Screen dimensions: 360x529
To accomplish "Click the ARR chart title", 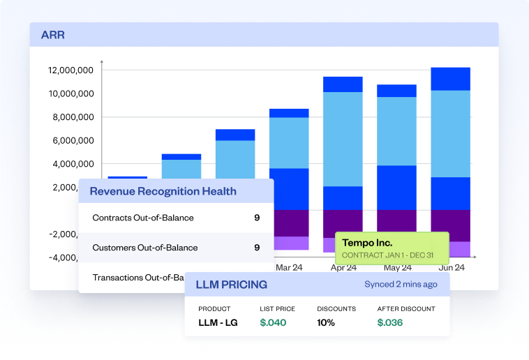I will [x=53, y=34].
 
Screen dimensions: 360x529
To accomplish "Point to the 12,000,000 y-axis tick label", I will [x=71, y=70].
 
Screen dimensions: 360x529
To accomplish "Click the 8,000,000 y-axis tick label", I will [x=73, y=117].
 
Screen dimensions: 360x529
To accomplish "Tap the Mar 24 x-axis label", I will [x=288, y=267].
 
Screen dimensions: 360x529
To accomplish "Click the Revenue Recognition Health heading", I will [x=163, y=191].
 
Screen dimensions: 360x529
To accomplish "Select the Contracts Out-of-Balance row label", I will [x=143, y=218].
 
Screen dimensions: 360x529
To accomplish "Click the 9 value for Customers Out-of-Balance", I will [x=257, y=248].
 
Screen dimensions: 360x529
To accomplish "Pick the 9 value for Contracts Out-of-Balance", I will [x=257, y=218].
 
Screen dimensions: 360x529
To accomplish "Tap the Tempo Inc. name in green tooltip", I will [x=367, y=243].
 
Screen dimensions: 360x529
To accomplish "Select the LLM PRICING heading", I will [x=231, y=285].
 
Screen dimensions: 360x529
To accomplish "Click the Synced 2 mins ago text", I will [x=401, y=285].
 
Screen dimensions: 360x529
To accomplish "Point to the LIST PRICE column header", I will [x=277, y=308].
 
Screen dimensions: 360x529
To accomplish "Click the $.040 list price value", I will [x=273, y=322].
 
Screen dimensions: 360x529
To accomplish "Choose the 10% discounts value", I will [x=326, y=322].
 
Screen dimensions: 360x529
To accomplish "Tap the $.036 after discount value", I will [x=390, y=322].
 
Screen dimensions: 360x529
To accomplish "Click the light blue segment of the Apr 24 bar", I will [x=343, y=139].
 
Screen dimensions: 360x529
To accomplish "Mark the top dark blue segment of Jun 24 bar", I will [x=450, y=79].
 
